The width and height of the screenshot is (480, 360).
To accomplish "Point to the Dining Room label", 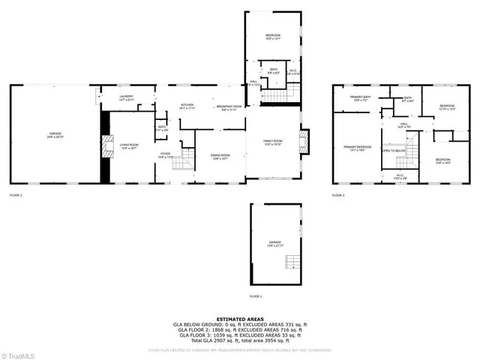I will pos(220,156).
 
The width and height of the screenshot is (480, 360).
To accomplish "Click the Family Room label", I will pos(272,142).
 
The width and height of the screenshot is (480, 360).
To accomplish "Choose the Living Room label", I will pos(130,146).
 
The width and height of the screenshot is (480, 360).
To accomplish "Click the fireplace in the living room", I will pos(106,147).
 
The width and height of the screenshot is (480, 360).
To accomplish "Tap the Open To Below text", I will pos(394,150).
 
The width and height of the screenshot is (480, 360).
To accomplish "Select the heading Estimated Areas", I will pos(240,319).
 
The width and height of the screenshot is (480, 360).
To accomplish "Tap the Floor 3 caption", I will pos(338,195).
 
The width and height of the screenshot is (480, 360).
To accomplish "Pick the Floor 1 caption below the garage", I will pos(256,296).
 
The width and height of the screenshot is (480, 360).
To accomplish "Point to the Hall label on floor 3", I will pos(403,124).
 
